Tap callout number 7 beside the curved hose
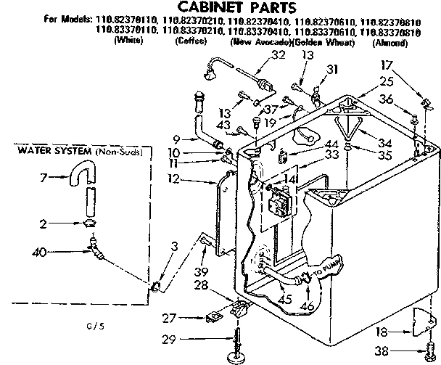coord(43,178)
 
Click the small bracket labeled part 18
coord(426,317)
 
